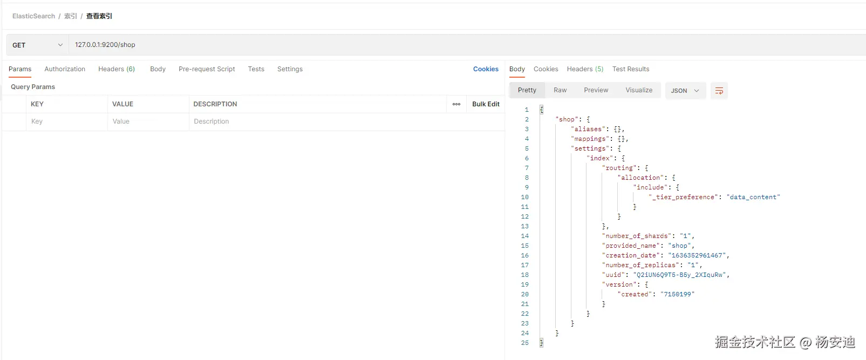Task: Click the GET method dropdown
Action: [37, 45]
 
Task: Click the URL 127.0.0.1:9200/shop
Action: [105, 45]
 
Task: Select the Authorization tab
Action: [65, 69]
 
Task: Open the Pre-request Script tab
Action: [207, 69]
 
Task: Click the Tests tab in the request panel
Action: [256, 69]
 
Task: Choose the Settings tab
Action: [290, 69]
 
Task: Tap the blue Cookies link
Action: [486, 69]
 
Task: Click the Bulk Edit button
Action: [486, 104]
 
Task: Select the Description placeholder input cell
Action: [318, 121]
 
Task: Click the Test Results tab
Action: [630, 69]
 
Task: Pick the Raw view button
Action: [560, 90]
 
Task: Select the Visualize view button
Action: [639, 90]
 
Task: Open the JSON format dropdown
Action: [684, 91]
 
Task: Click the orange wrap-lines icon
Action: [719, 91]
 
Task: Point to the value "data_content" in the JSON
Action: [753, 197]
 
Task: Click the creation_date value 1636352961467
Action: [698, 255]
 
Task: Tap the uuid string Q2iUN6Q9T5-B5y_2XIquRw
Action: [681, 275]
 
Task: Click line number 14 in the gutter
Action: [524, 236]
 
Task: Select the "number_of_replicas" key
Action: [640, 265]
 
